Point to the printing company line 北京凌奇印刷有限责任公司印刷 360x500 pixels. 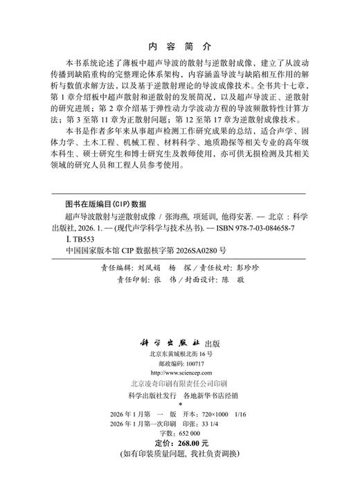pyautogui.click(x=179, y=383)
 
